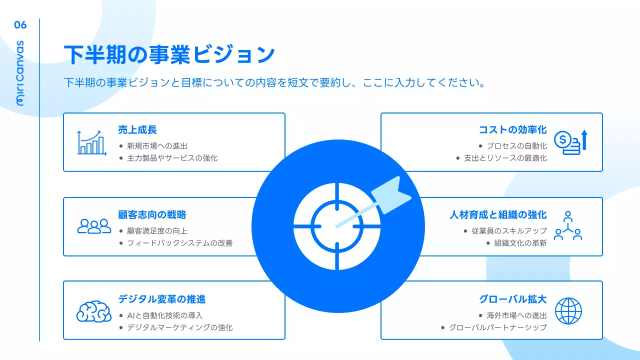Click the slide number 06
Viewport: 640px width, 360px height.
(x=20, y=25)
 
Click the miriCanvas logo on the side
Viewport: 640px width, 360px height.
(x=20, y=73)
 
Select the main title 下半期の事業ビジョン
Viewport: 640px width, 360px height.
(x=169, y=54)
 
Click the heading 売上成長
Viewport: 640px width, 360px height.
(x=137, y=130)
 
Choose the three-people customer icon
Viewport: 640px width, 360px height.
(x=94, y=226)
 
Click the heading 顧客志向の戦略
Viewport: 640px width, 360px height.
(x=152, y=215)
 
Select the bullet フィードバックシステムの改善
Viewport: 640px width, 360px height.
(x=179, y=243)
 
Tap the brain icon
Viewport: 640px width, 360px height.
(x=94, y=310)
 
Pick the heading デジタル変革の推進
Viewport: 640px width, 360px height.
(x=162, y=299)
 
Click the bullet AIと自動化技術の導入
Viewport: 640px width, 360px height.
(x=164, y=315)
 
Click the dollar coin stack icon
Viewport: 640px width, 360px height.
(x=569, y=142)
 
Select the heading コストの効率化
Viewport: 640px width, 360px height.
(x=512, y=130)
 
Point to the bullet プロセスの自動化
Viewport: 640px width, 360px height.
(x=516, y=146)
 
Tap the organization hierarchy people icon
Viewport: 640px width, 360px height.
(x=568, y=226)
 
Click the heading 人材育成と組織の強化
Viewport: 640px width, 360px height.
(x=498, y=215)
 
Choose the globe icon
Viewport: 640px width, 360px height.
(x=568, y=310)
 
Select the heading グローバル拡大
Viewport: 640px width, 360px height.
(x=512, y=299)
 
